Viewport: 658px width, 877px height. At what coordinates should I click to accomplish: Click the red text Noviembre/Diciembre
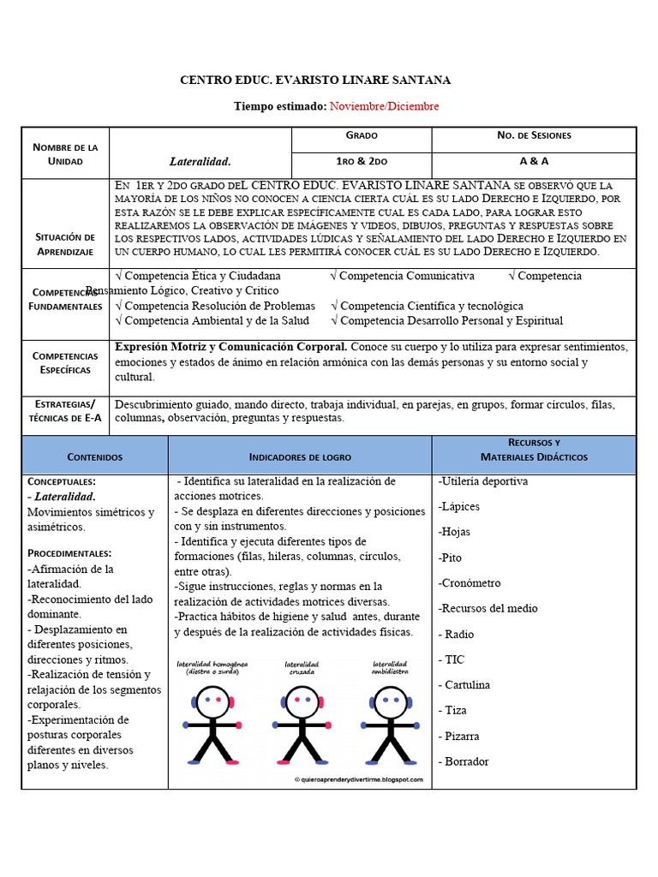click(x=384, y=106)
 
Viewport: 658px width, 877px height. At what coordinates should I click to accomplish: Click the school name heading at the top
click(x=314, y=80)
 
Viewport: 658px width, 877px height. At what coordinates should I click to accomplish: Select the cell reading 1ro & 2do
click(x=362, y=161)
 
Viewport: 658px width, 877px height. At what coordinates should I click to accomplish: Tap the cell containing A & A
click(x=534, y=161)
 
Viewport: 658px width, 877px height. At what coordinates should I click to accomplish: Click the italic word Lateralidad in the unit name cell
click(x=200, y=161)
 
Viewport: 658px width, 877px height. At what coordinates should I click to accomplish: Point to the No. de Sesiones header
click(x=534, y=135)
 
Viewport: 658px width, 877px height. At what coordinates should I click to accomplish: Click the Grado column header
click(x=362, y=135)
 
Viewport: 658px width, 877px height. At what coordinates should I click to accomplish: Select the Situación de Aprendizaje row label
click(x=66, y=244)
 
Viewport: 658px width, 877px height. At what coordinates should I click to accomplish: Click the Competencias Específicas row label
click(x=66, y=362)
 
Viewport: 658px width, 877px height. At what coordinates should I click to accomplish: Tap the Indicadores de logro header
click(x=300, y=457)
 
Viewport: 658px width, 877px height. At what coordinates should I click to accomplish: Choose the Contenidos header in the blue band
click(x=95, y=457)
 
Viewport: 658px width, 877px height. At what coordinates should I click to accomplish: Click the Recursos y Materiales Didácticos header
click(x=534, y=450)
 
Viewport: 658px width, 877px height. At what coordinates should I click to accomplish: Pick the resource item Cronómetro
click(x=470, y=583)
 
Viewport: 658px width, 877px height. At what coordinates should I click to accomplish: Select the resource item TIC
click(x=456, y=659)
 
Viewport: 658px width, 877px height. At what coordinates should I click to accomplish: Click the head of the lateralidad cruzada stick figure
click(x=302, y=701)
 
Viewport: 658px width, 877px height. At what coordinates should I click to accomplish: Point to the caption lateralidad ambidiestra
click(x=391, y=667)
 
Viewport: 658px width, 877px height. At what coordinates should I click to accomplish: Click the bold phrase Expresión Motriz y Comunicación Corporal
click(x=231, y=347)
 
